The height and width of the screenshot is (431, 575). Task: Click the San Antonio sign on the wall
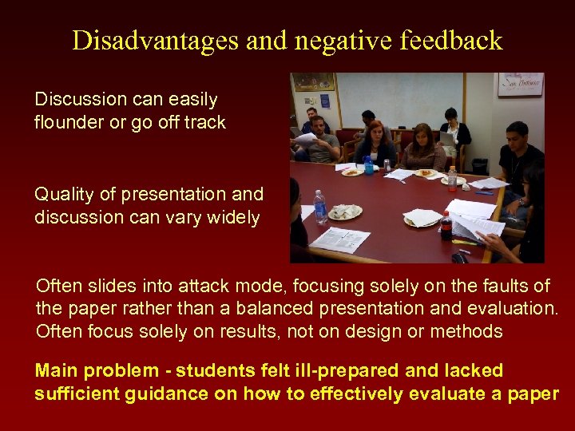[x=520, y=85]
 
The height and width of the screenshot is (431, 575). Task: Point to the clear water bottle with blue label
[x=319, y=207]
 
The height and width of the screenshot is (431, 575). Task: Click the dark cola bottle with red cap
[x=446, y=225]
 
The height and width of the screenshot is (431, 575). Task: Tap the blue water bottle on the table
[x=368, y=164]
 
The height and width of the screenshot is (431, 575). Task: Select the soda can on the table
[x=387, y=165]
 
